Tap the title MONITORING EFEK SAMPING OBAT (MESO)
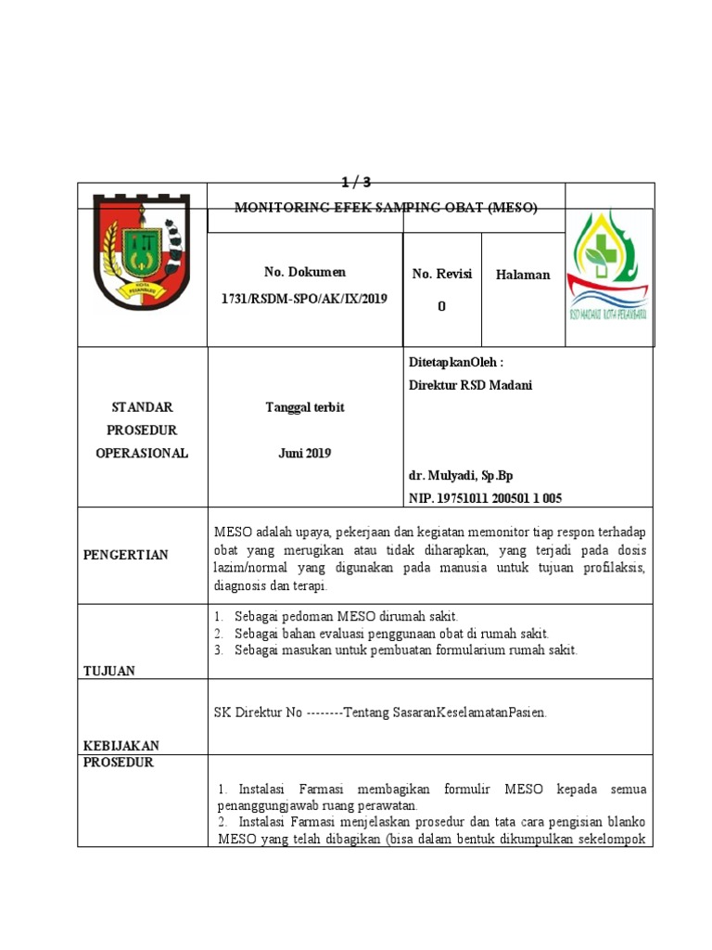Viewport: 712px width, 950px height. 386,208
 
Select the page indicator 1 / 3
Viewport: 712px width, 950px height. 356,182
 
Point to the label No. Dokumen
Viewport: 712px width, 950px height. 305,272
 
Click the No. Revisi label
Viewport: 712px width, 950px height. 442,274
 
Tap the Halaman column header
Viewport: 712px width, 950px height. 523,275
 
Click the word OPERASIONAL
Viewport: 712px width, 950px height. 142,453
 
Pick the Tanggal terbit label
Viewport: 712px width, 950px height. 304,408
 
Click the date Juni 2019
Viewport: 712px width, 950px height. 304,453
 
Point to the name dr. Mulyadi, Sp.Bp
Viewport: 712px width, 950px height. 461,476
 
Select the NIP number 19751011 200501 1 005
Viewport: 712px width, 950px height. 485,498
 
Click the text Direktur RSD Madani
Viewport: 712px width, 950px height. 471,385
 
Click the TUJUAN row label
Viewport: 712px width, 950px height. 109,670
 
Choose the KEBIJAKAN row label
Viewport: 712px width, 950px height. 121,745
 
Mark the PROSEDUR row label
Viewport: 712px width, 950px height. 119,763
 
